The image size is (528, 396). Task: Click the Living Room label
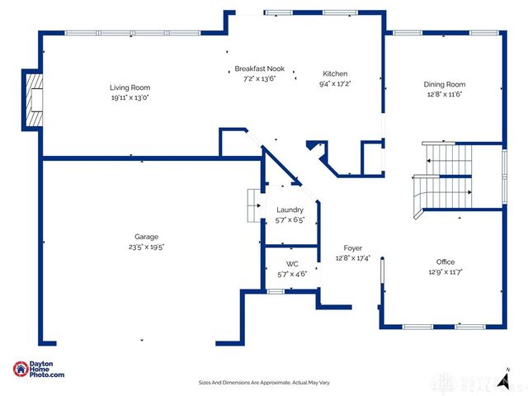[x=130, y=87]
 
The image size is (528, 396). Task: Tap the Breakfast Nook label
[x=259, y=68]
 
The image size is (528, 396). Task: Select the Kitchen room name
[x=335, y=73]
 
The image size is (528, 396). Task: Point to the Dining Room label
[x=445, y=84]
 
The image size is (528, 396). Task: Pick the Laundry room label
[x=290, y=210]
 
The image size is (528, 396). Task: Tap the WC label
[x=292, y=264]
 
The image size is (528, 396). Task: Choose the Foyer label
[x=352, y=247]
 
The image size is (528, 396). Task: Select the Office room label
[x=445, y=262]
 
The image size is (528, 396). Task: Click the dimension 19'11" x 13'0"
[x=130, y=97]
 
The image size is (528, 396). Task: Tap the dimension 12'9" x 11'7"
[x=445, y=271]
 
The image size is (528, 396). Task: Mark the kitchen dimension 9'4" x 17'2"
[x=335, y=83]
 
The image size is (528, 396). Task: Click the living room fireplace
[x=34, y=100]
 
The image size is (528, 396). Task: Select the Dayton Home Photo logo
[x=39, y=370]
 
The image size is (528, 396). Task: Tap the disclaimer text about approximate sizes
[x=264, y=382]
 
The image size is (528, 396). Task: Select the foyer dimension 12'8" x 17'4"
[x=352, y=257]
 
